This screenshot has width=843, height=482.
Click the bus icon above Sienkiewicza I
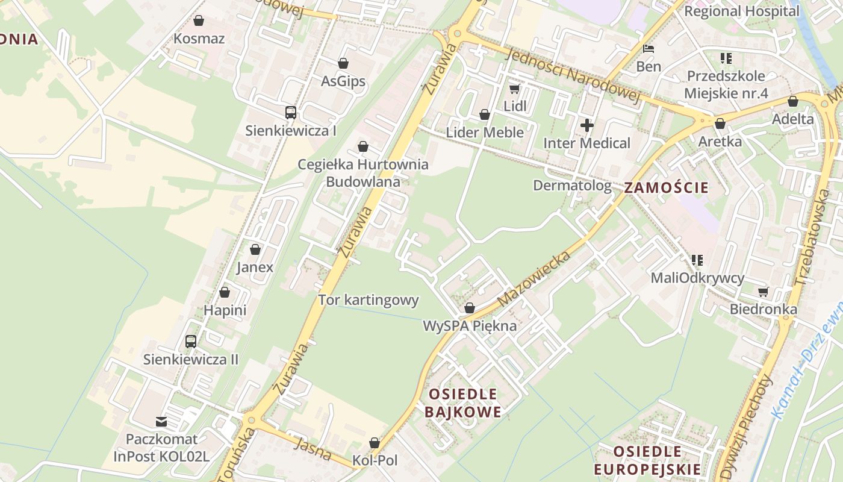coord(290,112)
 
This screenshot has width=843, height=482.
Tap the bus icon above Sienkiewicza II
coord(191,342)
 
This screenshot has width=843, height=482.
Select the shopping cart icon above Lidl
coord(514,89)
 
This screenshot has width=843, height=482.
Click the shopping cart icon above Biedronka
coord(763,292)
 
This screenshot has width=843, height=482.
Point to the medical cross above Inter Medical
coord(586,125)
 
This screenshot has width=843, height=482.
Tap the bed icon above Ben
coord(649,48)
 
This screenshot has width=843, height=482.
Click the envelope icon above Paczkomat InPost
coord(161,421)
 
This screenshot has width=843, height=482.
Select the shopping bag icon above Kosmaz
coord(199,21)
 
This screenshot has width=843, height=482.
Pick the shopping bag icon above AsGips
coord(343,63)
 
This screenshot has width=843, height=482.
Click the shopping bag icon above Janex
coord(255,249)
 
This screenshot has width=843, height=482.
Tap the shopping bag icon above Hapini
coord(225,292)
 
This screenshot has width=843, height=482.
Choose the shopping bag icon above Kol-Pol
coord(375,443)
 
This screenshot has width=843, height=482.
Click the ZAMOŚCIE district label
coord(667,187)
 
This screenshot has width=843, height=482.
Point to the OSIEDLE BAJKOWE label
coord(462,403)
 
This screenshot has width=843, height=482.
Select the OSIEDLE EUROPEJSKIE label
coord(647,460)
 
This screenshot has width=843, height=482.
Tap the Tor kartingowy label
coord(368,300)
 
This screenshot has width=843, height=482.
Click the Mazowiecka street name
coord(535,278)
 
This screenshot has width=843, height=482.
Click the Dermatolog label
coord(572,186)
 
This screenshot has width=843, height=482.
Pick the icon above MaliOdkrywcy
coord(697,260)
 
